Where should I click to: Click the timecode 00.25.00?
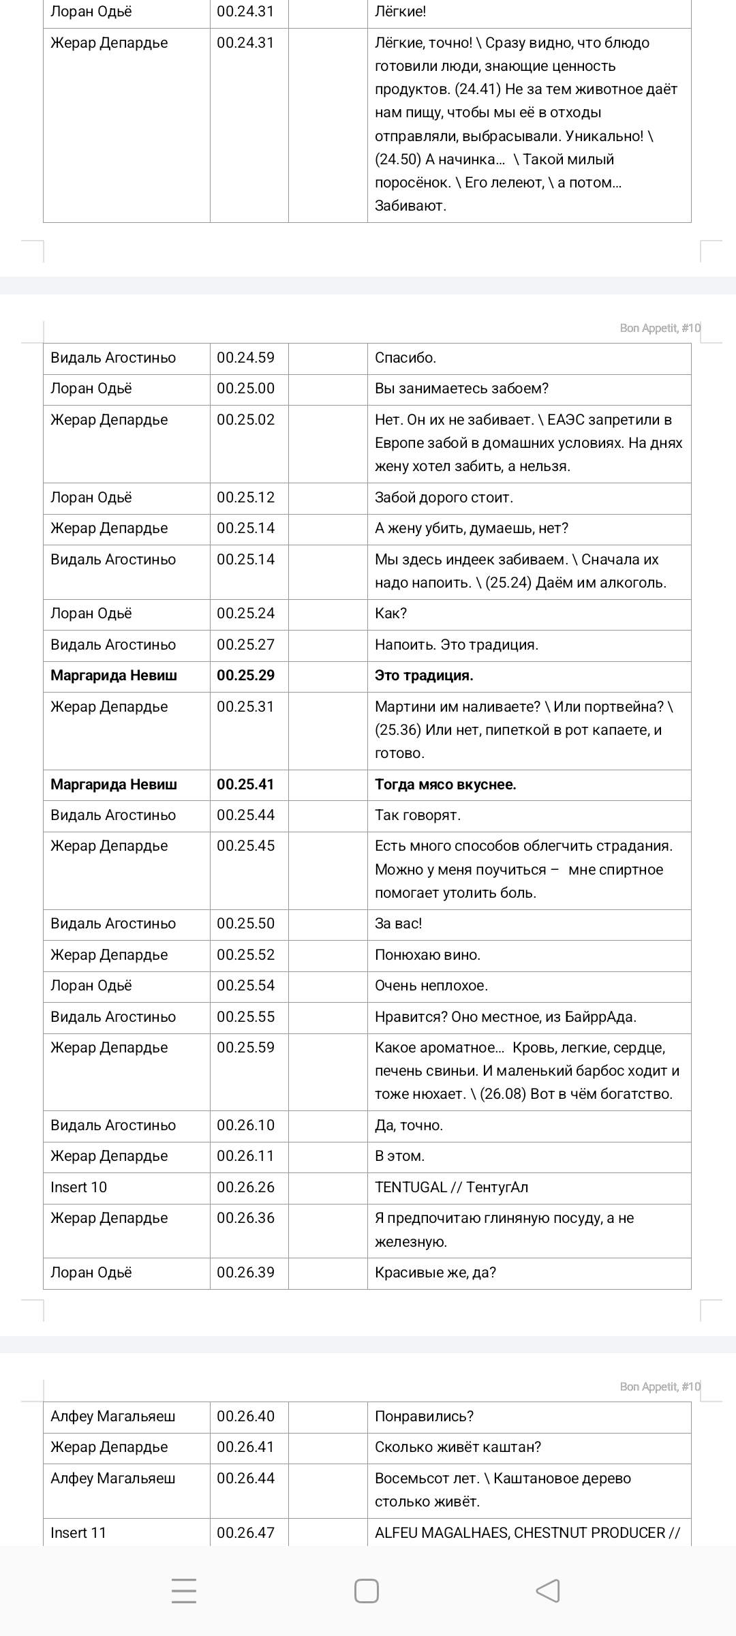tap(245, 389)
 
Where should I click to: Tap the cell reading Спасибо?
tap(405, 358)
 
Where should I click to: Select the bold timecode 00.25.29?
tap(245, 676)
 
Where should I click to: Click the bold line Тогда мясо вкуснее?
tap(445, 785)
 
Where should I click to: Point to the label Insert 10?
tap(78, 1187)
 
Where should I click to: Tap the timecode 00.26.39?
tap(245, 1272)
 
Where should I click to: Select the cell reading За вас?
tap(398, 924)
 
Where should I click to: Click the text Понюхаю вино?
tap(427, 955)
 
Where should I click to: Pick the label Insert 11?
tap(78, 1533)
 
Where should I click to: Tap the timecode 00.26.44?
tap(245, 1479)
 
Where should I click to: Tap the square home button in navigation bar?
tap(367, 1591)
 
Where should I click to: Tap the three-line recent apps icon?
tap(184, 1591)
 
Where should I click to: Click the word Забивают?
tap(410, 206)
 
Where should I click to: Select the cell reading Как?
tap(390, 613)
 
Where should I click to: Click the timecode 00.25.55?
tap(245, 1017)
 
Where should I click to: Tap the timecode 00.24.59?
tap(245, 358)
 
